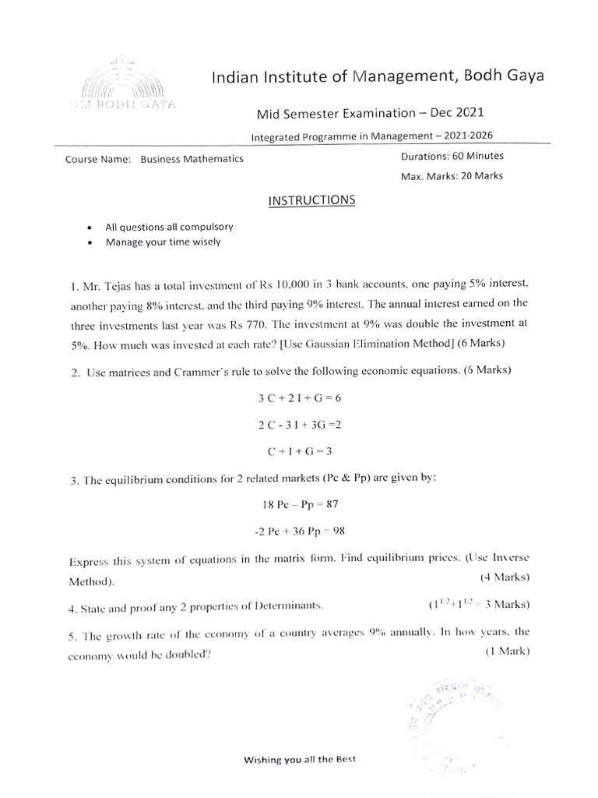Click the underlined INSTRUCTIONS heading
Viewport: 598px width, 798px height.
tap(311, 200)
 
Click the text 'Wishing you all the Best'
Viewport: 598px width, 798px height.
tap(300, 759)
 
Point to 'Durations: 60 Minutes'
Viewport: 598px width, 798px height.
tap(452, 156)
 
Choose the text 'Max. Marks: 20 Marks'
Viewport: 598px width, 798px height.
tap(452, 175)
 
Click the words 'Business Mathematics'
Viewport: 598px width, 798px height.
tap(192, 159)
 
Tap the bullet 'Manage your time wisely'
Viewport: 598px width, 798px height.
tap(164, 242)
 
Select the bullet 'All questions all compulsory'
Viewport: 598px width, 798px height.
tap(169, 227)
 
